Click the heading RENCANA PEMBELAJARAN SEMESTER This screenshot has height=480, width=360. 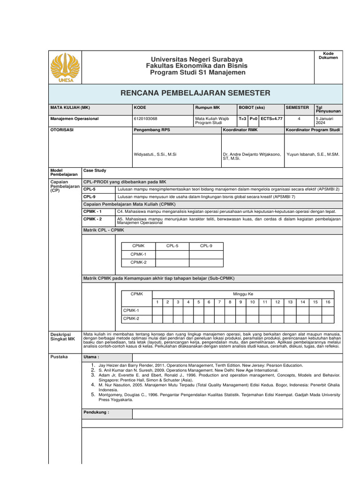click(195, 93)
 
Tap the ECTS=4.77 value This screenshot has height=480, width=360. click(271, 119)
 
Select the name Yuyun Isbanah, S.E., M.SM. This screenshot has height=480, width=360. click(313, 154)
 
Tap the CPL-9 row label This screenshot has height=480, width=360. click(89, 197)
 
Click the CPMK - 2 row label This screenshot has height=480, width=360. click(92, 219)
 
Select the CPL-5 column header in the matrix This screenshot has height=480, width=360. click(172, 246)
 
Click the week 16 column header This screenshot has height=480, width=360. click(328, 302)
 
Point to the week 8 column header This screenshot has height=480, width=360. click(230, 302)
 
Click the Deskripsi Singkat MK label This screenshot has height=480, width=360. click(62, 336)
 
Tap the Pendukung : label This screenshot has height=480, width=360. click(96, 412)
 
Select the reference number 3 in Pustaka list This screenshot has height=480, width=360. click(93, 375)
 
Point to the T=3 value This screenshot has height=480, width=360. click(242, 119)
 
